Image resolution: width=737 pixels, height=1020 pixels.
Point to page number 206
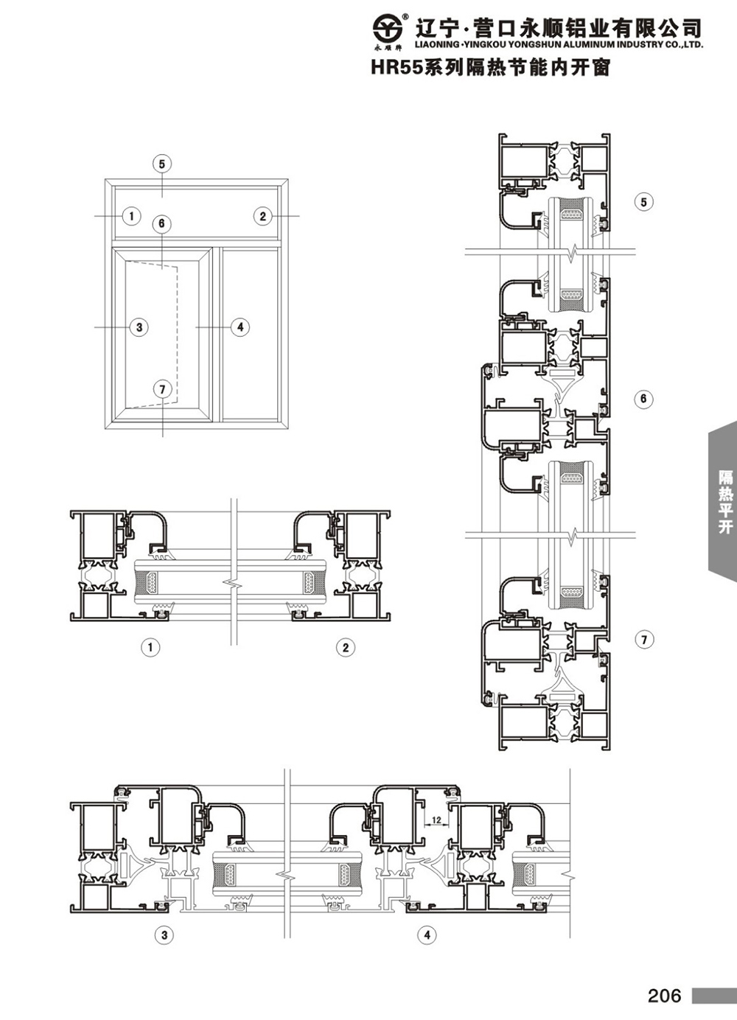(665, 996)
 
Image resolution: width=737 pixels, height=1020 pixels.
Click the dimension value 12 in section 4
(436, 820)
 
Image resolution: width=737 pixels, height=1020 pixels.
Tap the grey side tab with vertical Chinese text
(723, 501)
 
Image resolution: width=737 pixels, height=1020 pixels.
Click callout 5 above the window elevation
(162, 164)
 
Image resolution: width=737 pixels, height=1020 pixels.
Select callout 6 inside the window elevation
(161, 223)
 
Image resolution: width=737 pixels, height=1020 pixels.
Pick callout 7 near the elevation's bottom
(163, 389)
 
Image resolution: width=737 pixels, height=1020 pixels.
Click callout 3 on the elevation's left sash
(139, 327)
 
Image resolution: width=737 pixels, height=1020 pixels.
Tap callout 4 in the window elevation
(240, 327)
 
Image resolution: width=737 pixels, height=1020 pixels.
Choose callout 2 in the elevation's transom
(263, 216)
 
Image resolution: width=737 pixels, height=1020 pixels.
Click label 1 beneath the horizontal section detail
(151, 647)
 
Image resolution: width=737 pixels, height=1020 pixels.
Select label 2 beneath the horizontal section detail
(345, 647)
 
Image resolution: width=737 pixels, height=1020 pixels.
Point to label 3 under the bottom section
(164, 935)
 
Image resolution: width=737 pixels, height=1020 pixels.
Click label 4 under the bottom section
(427, 935)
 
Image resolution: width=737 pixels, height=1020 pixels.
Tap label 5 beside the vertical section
(643, 202)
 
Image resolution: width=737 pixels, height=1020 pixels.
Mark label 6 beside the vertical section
(643, 399)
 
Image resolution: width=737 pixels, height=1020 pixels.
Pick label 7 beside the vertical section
(644, 640)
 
